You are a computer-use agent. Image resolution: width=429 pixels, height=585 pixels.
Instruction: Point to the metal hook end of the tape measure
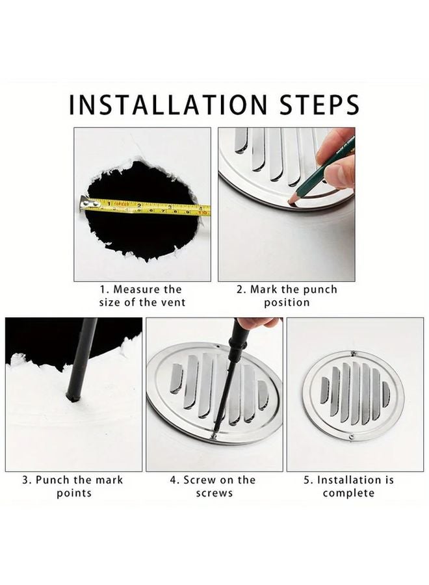(x=84, y=204)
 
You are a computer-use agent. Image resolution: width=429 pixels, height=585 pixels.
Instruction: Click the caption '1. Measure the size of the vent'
(x=142, y=296)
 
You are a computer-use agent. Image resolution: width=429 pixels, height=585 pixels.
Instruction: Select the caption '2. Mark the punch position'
(x=287, y=296)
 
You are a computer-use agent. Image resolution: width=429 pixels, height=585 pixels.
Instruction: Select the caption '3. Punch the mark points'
(x=73, y=486)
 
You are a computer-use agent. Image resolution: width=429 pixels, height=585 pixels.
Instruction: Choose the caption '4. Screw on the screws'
(x=213, y=486)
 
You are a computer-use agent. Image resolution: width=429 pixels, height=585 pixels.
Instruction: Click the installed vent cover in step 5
(x=353, y=395)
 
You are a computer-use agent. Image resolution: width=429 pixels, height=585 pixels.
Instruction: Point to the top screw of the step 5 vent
(x=353, y=354)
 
